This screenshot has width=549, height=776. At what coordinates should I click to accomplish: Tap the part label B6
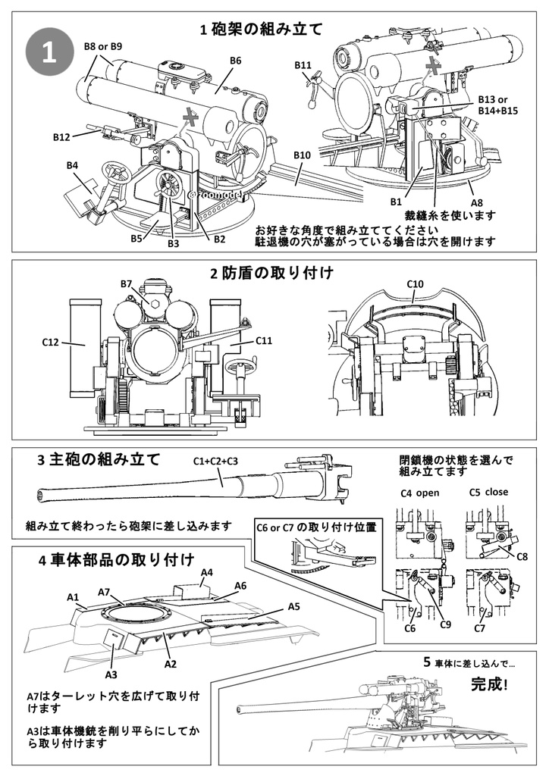click(235, 61)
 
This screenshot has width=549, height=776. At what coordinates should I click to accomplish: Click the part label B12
click(62, 137)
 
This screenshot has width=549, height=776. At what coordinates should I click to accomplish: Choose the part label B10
click(302, 155)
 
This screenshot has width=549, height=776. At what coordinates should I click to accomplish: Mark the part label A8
click(477, 202)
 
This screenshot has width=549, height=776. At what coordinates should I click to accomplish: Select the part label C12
click(51, 343)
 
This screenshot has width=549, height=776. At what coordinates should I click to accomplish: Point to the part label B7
click(127, 283)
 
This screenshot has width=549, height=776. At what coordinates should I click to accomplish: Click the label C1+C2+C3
click(215, 461)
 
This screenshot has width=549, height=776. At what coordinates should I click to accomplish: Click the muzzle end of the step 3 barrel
click(40, 495)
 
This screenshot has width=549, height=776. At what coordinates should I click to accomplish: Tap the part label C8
click(522, 556)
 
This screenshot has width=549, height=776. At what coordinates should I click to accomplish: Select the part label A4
click(206, 572)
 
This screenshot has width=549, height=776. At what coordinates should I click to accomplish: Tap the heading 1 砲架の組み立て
click(261, 29)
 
